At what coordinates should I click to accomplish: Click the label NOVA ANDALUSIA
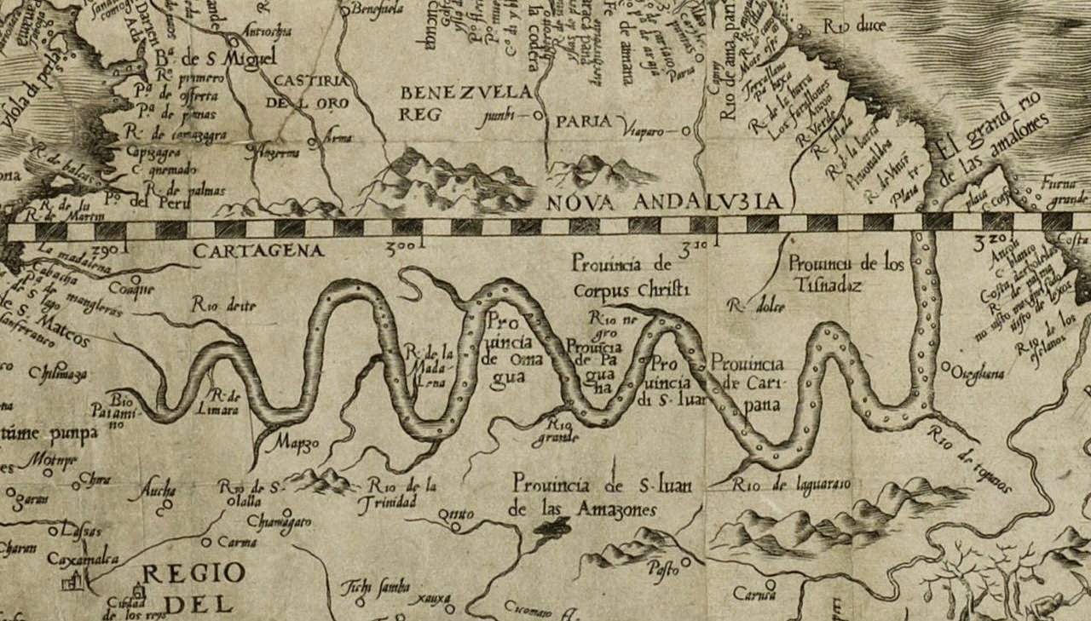663,201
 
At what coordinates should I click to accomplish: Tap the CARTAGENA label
258,251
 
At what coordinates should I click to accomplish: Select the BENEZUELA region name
467,92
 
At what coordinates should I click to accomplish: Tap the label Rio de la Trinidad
403,493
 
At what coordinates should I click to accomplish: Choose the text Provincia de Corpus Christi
630,275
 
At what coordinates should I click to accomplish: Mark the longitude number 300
401,248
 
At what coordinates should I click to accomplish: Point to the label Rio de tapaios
971,459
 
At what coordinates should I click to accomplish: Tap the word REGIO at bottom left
193,572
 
